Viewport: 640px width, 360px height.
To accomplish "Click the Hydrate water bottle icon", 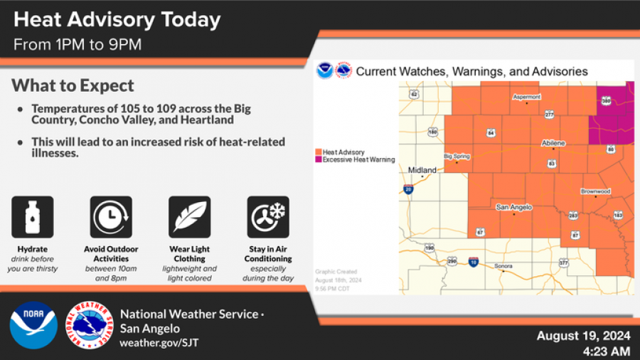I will coord(33,217).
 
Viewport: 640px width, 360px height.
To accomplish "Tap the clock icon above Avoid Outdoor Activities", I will coord(111,217).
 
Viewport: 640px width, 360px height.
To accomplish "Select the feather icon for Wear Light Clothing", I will coord(189,217).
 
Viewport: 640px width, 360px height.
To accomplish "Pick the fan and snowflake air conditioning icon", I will coord(268,217).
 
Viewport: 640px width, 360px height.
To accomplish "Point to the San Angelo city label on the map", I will coord(513,207).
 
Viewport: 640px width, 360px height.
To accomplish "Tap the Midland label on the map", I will coord(422,170).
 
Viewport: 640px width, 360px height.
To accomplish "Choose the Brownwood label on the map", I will coord(595,191).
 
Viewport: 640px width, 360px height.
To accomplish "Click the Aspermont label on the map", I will coord(526,97).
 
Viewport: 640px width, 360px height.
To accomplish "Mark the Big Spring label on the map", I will coord(457,156).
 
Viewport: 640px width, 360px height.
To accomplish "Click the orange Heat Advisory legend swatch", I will coord(319,152).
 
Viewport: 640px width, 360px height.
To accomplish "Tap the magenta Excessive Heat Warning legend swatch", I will coord(319,160).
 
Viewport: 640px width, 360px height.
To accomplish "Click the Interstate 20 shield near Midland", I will coord(408,189).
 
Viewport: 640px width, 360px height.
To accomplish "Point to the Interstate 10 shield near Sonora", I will coord(474,263).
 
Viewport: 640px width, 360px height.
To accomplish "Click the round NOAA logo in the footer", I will coord(33,325).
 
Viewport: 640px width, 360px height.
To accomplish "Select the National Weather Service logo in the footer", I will coord(90,325).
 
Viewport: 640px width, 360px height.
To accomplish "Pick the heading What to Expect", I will coord(73,86).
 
